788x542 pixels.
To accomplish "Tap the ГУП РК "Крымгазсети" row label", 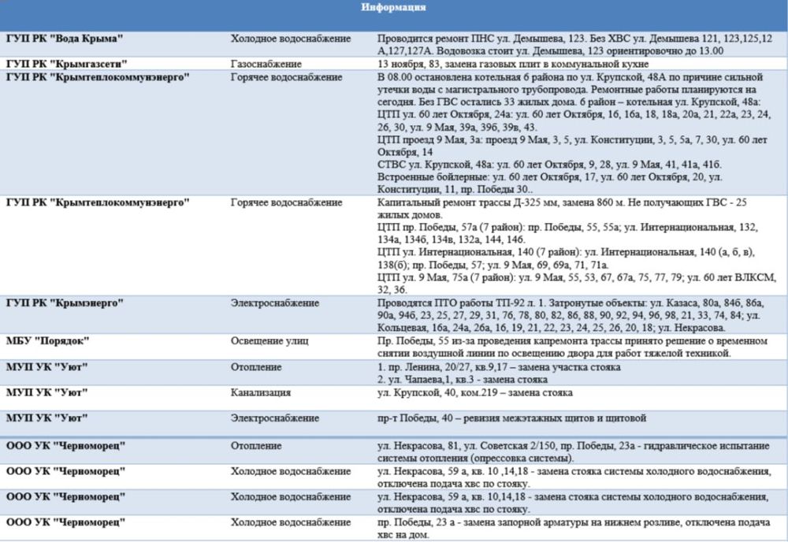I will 66,63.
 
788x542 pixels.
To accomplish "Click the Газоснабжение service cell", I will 266,63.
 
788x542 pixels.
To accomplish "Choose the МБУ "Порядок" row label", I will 47,340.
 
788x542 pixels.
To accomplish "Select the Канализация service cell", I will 260,392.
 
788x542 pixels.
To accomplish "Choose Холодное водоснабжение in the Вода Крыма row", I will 286,38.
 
